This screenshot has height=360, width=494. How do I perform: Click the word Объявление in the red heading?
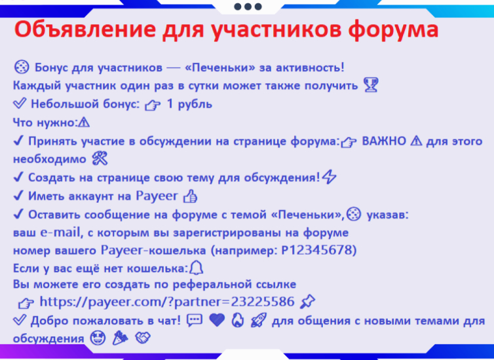pyautogui.click(x=85, y=29)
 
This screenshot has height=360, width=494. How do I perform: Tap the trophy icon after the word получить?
pyautogui.click(x=371, y=85)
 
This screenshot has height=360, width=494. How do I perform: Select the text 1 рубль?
pyautogui.click(x=189, y=104)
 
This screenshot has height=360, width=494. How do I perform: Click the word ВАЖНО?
pyautogui.click(x=384, y=141)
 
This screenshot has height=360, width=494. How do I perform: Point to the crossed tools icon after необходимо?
pyautogui.click(x=100, y=158)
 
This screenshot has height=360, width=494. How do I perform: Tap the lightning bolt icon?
pyautogui.click(x=330, y=177)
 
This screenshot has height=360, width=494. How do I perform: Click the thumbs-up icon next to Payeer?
pyautogui.click(x=190, y=196)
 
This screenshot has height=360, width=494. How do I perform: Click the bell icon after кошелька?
pyautogui.click(x=196, y=268)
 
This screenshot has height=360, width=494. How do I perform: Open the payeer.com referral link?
pyautogui.click(x=167, y=302)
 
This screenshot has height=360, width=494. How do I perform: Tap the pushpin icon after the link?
pyautogui.click(x=307, y=302)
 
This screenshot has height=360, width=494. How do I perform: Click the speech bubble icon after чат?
pyautogui.click(x=195, y=320)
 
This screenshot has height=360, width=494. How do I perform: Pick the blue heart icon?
pyautogui.click(x=217, y=320)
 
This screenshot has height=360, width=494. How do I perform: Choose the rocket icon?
pyautogui.click(x=259, y=320)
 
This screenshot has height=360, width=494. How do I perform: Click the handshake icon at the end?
pyautogui.click(x=143, y=338)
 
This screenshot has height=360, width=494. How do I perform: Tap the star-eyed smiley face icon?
pyautogui.click(x=98, y=338)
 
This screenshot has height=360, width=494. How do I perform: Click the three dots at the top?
pyautogui.click(x=248, y=7)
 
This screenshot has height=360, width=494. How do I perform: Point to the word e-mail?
pyautogui.click(x=60, y=232)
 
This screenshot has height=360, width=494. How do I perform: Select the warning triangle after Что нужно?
pyautogui.click(x=84, y=122)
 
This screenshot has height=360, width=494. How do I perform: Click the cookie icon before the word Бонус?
pyautogui.click(x=22, y=67)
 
